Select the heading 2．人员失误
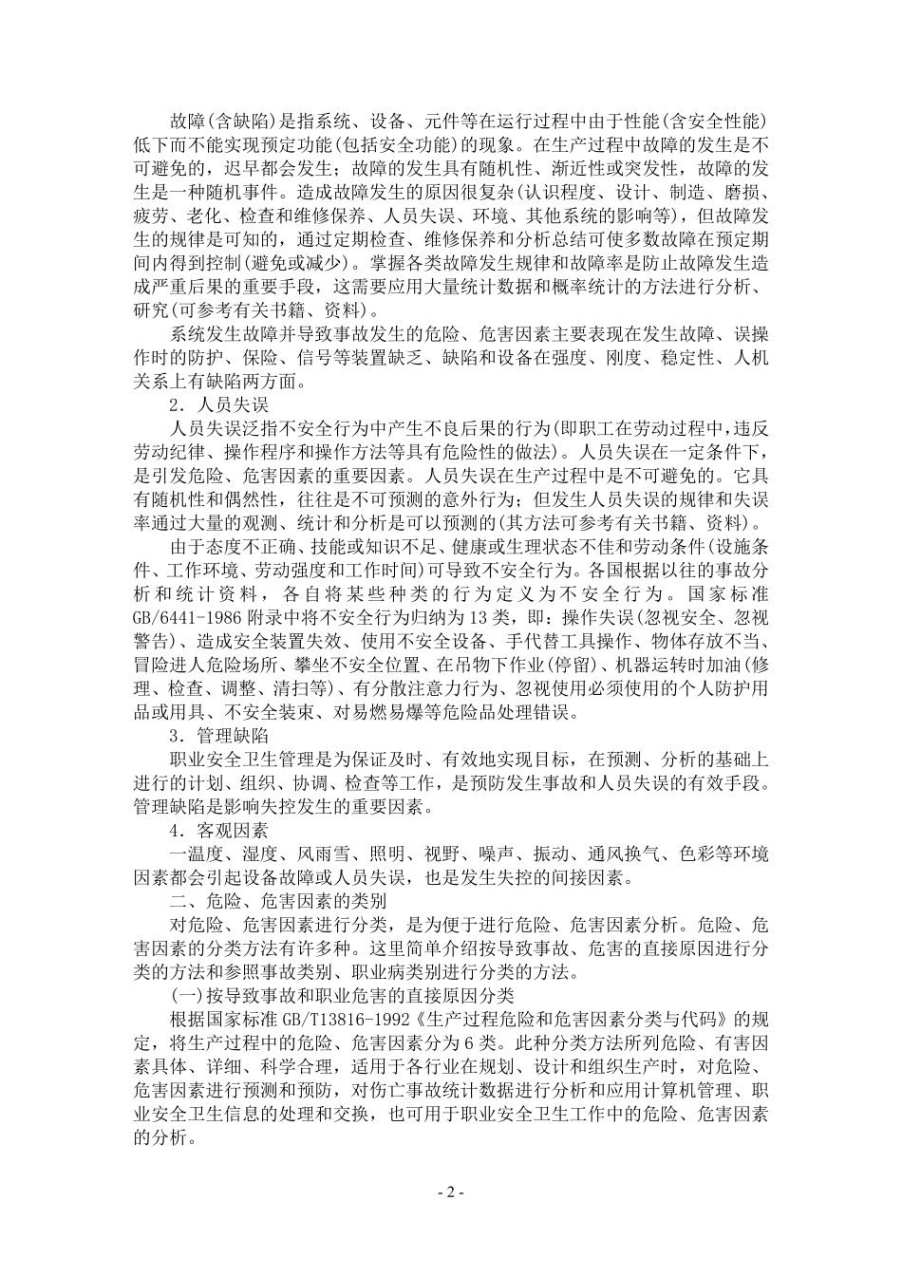click(x=219, y=403)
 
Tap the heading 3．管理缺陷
click(x=219, y=736)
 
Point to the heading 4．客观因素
click(x=219, y=830)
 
